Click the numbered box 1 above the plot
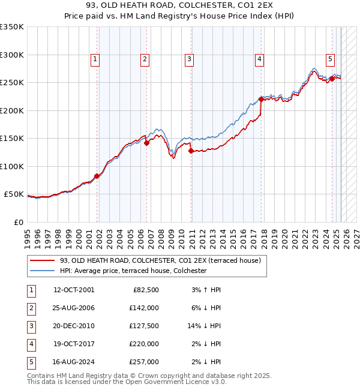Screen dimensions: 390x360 (x=95, y=59)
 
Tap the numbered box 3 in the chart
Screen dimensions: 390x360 (x=189, y=59)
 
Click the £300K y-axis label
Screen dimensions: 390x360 (x=12, y=55)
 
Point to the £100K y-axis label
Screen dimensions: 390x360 (x=12, y=166)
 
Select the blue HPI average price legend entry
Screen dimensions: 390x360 (x=133, y=271)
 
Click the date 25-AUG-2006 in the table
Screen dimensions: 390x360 (x=74, y=308)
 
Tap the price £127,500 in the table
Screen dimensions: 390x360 (x=144, y=326)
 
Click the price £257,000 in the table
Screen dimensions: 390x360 (x=144, y=362)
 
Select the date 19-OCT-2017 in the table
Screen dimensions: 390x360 (x=74, y=344)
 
